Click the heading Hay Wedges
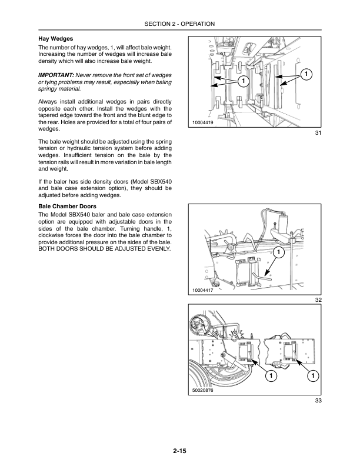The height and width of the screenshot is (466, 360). [55, 39]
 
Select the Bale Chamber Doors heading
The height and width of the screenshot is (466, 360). [67, 207]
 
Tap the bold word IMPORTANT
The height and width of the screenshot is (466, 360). [56, 75]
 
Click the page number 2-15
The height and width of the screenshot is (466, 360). [179, 451]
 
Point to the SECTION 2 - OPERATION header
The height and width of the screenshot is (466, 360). [179, 24]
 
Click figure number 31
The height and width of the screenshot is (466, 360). [318, 133]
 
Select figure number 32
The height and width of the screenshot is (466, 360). [318, 300]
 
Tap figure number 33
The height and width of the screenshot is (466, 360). [318, 401]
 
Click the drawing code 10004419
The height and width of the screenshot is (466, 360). [203, 122]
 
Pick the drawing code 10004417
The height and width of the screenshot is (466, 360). [203, 290]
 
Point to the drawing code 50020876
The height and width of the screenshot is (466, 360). [203, 390]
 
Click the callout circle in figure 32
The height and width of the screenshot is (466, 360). [279, 252]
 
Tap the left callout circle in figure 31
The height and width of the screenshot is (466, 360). [244, 81]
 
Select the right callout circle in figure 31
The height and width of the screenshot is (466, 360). [306, 74]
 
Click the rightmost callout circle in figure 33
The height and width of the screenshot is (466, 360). [313, 376]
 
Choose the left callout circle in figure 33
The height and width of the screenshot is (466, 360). [271, 376]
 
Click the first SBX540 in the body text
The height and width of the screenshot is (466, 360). [162, 182]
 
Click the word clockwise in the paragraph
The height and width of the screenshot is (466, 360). [51, 235]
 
